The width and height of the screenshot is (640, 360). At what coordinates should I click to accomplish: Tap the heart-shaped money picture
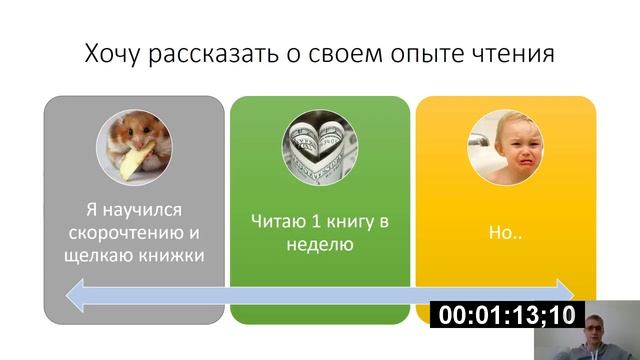pos(320,146)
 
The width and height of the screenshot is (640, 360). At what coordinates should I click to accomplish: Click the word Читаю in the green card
pos(275,222)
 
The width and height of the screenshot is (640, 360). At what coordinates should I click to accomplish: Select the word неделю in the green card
pos(320,244)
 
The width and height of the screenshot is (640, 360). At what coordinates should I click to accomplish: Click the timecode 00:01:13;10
pos(507,315)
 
